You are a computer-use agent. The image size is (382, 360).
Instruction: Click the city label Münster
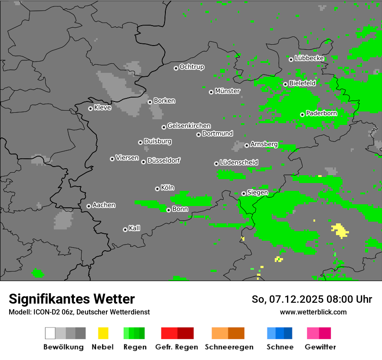pos(227,91)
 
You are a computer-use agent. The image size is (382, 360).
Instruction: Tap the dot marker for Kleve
pos(90,108)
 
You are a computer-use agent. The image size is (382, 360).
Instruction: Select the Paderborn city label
pos(322,114)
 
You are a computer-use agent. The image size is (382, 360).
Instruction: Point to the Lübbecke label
pos(309,58)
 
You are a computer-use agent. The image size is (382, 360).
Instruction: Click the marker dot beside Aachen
pos(89,206)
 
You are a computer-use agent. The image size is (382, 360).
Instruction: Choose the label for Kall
pos(135,228)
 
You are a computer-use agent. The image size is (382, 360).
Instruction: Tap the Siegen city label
pos(257,193)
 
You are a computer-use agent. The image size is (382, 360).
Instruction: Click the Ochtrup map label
pos(192,67)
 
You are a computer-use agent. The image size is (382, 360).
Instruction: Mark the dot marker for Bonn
pos(168,210)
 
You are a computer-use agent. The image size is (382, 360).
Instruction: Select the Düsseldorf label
pos(164,160)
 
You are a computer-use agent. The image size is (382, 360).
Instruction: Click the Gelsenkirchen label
pos(189,126)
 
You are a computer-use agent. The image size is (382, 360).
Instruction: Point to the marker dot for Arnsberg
pos(247,145)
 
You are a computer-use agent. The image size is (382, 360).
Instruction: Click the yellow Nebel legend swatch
pos(103,333)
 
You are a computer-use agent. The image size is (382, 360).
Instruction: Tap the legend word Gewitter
pos(320,347)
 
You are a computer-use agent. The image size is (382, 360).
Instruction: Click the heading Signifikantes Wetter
pos(72,299)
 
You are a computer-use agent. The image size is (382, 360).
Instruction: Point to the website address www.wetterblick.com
pos(313,312)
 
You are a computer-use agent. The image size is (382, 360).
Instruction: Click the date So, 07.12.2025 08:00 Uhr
pos(312,299)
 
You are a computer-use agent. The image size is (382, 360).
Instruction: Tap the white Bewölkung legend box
pos(50,333)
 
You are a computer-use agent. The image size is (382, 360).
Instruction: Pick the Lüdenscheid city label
pos(239,163)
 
